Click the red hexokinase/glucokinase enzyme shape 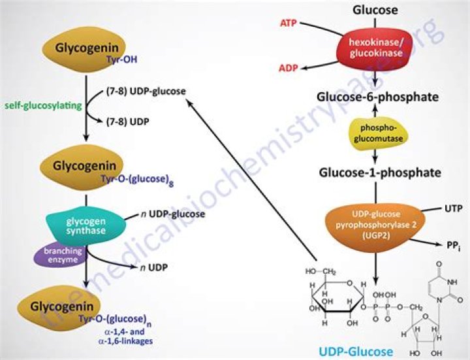coord(375,47)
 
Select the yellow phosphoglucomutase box coord(375,134)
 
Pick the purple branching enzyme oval coord(62,255)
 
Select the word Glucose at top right coord(375,10)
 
